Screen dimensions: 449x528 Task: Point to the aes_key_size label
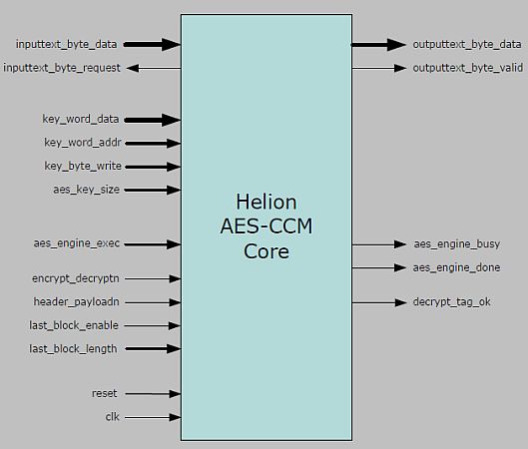[86, 189]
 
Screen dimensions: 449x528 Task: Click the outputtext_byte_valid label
[466, 68]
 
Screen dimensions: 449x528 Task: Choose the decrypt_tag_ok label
[452, 301]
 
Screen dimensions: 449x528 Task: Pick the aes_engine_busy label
[456, 243]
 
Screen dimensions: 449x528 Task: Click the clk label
[112, 417]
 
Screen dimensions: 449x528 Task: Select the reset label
[105, 394]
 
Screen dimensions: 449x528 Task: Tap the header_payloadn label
[76, 301]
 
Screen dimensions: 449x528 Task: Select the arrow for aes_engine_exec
[153, 243]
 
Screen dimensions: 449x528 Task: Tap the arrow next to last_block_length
[153, 348]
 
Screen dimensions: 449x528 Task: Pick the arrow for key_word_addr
[153, 144]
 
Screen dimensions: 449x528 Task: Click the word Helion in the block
[265, 203]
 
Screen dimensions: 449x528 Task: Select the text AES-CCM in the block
[265, 226]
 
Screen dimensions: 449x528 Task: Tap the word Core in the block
[265, 251]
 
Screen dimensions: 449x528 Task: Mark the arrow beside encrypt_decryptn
[153, 278]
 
